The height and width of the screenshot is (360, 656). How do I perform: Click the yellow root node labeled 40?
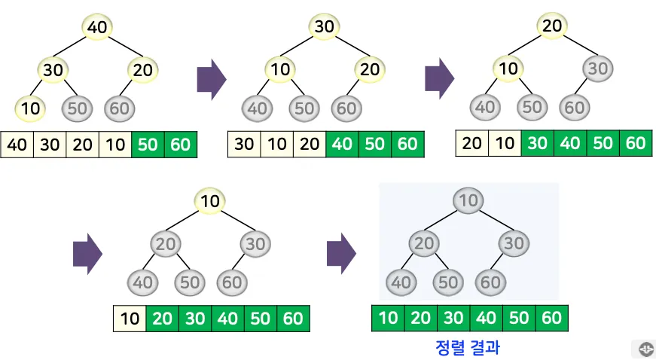pos(98,28)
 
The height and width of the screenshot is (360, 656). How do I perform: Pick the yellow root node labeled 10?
pos(211,200)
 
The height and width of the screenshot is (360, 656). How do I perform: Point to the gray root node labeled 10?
pos(468,200)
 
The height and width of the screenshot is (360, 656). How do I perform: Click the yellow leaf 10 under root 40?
pos(31,108)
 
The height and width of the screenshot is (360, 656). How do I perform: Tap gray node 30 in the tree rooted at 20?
pos(597,69)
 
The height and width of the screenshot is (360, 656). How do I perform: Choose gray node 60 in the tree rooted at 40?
pos(119,108)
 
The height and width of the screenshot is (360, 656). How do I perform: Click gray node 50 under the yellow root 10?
pos(189,282)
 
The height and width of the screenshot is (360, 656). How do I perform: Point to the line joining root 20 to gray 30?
pos(575,47)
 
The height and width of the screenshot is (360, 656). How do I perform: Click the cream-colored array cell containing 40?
pos(17,144)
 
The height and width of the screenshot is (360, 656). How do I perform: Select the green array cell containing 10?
pos(389,318)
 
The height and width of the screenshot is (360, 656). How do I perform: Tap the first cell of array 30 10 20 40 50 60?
pos(245,144)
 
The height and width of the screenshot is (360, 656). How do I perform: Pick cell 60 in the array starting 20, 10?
pos(636,142)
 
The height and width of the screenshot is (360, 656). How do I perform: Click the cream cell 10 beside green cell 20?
pos(130,319)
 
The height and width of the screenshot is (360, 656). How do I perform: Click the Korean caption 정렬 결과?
pos(468,347)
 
